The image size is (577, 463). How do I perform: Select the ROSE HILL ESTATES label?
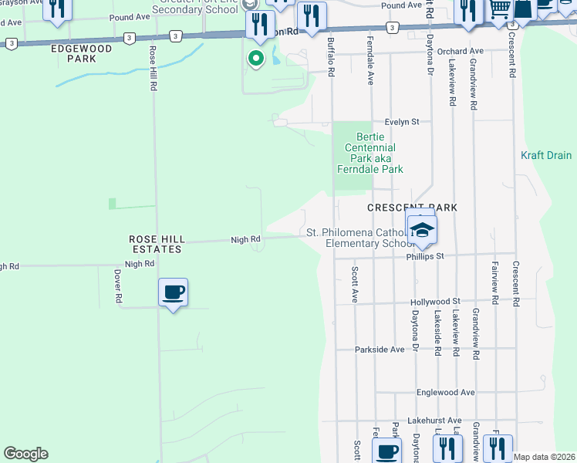(x=155, y=245)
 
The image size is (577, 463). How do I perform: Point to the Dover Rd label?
(x=118, y=286)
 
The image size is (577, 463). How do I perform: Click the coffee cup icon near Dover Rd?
(x=174, y=292)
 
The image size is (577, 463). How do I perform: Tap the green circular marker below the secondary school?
(x=255, y=58)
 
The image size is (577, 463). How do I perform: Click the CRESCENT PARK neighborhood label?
(x=412, y=208)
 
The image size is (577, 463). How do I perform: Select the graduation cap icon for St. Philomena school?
(x=423, y=231)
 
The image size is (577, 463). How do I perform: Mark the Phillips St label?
(x=428, y=255)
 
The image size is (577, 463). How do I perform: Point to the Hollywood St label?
(x=435, y=301)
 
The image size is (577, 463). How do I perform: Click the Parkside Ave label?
(x=380, y=350)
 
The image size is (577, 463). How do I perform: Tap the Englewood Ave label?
(x=445, y=392)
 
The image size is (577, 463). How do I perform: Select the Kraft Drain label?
(x=546, y=155)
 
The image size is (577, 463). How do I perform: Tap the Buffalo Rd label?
(x=330, y=59)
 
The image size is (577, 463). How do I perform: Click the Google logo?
(x=25, y=454)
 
